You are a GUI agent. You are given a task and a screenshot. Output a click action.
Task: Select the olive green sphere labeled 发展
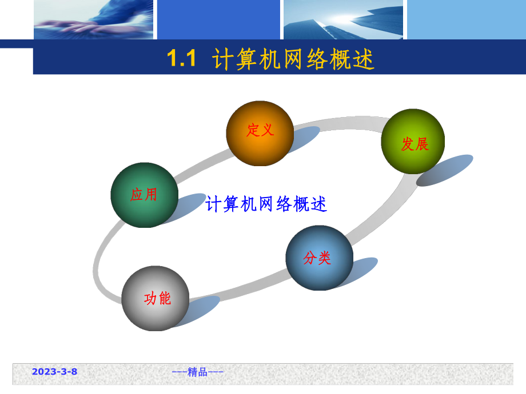tap(413, 141)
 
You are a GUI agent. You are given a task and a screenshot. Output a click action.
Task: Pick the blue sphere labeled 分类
tap(319, 258)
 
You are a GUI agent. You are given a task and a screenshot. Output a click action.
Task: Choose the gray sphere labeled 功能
tap(155, 298)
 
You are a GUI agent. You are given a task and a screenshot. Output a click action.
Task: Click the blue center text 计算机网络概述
tap(266, 204)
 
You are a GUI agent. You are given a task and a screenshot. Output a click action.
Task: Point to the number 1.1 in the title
tap(181, 59)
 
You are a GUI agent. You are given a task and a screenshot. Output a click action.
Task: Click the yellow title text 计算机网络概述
tap(293, 59)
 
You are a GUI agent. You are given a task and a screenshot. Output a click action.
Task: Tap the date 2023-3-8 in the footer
tap(54, 372)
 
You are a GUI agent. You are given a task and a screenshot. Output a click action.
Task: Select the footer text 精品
tap(198, 372)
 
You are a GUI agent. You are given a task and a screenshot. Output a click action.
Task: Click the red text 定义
tap(260, 130)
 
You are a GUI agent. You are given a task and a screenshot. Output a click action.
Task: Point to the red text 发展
tap(415, 144)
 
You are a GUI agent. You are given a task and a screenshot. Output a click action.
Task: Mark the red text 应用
tap(144, 195)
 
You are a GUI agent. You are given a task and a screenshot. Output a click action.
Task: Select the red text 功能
tap(157, 298)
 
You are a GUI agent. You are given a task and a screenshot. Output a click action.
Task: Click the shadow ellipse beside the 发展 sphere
tap(445, 170)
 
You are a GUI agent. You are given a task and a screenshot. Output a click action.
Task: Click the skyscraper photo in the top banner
tap(343, 19)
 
